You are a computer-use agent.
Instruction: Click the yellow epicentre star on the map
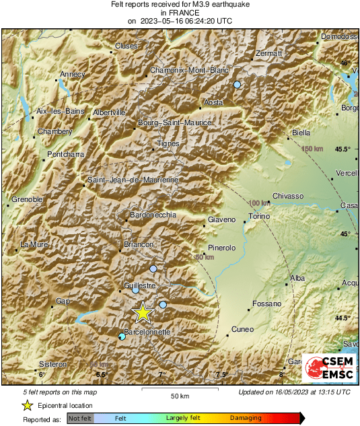pyautogui.click(x=143, y=312)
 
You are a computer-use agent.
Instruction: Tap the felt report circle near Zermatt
pyautogui.click(x=237, y=85)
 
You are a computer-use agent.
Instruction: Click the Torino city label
pyautogui.click(x=259, y=217)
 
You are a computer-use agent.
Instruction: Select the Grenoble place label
pyautogui.click(x=28, y=200)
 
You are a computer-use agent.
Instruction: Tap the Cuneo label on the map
pyautogui.click(x=242, y=329)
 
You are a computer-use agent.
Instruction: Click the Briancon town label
pyautogui.click(x=139, y=244)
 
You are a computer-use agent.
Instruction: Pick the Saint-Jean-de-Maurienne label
pyautogui.click(x=133, y=180)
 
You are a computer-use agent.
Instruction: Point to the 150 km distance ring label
pyautogui.click(x=312, y=149)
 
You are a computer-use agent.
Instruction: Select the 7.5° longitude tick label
pyautogui.click(x=221, y=374)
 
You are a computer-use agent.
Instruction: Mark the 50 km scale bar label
pyautogui.click(x=179, y=395)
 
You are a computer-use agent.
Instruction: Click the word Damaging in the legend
pyautogui.click(x=246, y=418)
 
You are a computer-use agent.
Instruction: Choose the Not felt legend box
pyautogui.click(x=80, y=418)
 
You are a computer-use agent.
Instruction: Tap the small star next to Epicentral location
pyautogui.click(x=27, y=405)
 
